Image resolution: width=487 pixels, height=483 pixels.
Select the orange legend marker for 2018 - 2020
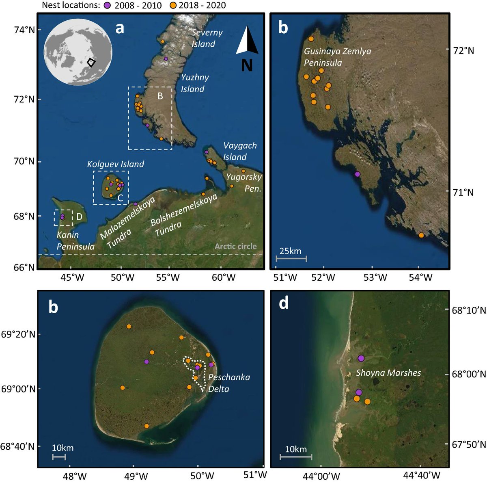pyautogui.click(x=172, y=6)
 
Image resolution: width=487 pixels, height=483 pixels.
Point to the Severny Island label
pyautogui.click(x=207, y=38)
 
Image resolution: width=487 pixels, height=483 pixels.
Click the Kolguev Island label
pyautogui.click(x=116, y=164)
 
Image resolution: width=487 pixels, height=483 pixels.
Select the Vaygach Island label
pyautogui.click(x=240, y=151)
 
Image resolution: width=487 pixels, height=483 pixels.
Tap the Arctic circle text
pyautogui.click(x=235, y=246)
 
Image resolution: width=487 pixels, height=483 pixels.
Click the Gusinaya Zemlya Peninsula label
pyautogui.click(x=337, y=57)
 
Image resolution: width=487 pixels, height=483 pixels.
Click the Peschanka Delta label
pyautogui.click(x=228, y=383)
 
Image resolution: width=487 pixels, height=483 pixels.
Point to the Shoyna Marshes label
pyautogui.click(x=388, y=373)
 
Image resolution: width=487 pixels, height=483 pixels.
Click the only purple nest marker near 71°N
pyautogui.click(x=357, y=174)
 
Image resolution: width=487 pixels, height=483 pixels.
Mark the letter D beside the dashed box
pyautogui.click(x=79, y=217)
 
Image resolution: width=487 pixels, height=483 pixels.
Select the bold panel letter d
pyautogui.click(x=283, y=303)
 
